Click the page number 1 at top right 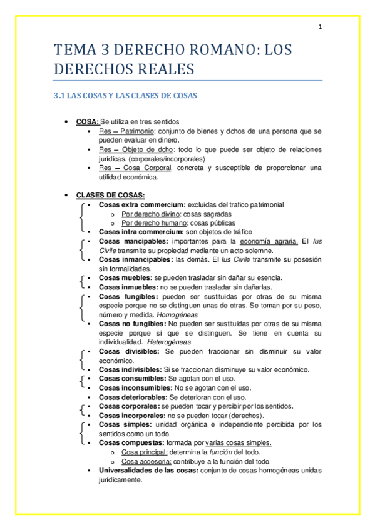click(320, 27)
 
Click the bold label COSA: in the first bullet click(88, 122)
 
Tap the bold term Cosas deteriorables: click(133, 397)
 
